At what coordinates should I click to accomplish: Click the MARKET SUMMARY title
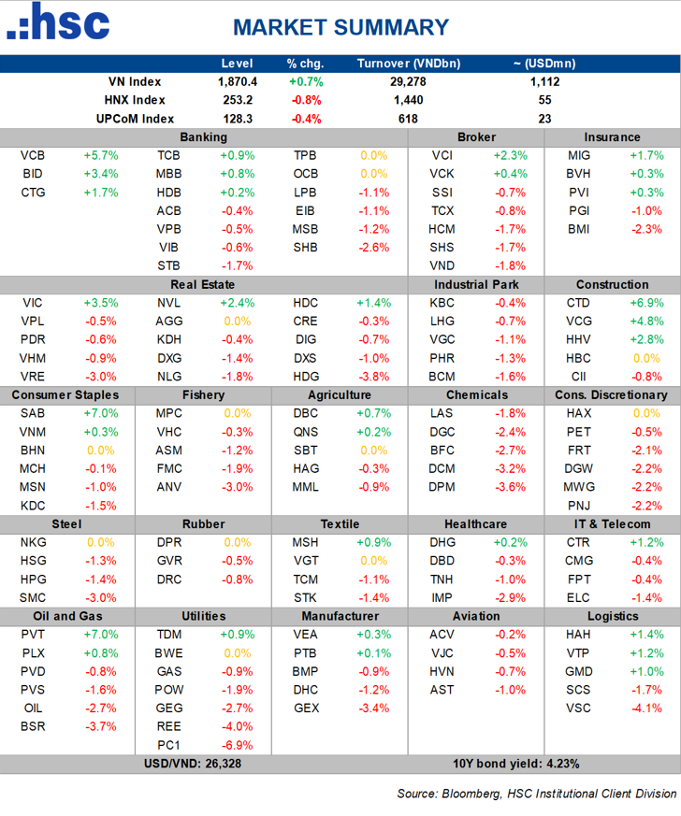tap(340, 27)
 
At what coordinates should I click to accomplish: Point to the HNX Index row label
tap(136, 100)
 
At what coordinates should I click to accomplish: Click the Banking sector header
tap(203, 137)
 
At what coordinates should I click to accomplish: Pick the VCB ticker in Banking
tap(33, 155)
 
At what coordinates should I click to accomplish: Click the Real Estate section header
tap(203, 284)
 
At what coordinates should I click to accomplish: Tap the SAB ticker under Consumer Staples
tap(33, 413)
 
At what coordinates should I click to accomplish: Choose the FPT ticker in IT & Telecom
tap(577, 580)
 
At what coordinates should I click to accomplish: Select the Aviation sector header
tap(475, 616)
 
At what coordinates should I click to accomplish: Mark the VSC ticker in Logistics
tap(578, 709)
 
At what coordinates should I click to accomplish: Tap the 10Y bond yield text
tap(515, 764)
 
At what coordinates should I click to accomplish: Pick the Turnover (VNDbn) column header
tap(408, 64)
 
